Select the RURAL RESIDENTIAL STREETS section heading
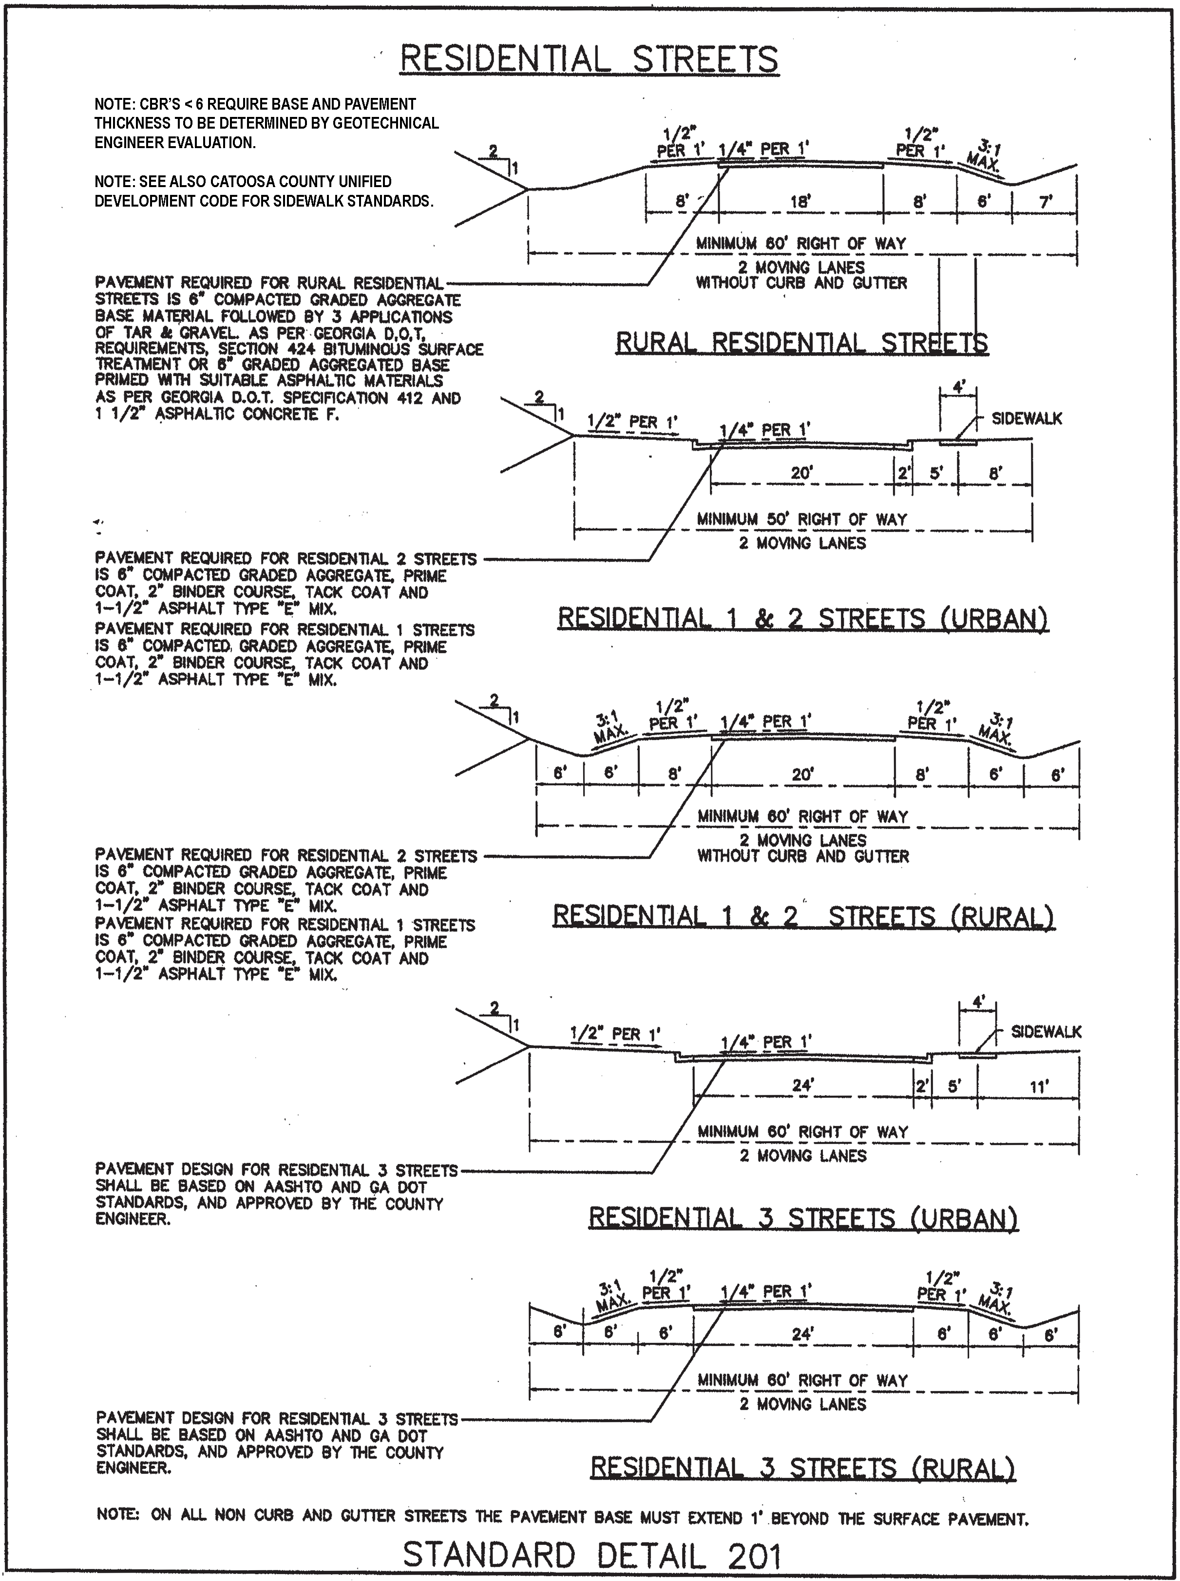click(x=801, y=343)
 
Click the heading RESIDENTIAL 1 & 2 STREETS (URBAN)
click(x=803, y=618)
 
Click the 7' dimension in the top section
click(x=1046, y=202)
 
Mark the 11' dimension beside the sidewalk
click(x=1039, y=1087)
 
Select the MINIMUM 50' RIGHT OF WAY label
click(x=801, y=519)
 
